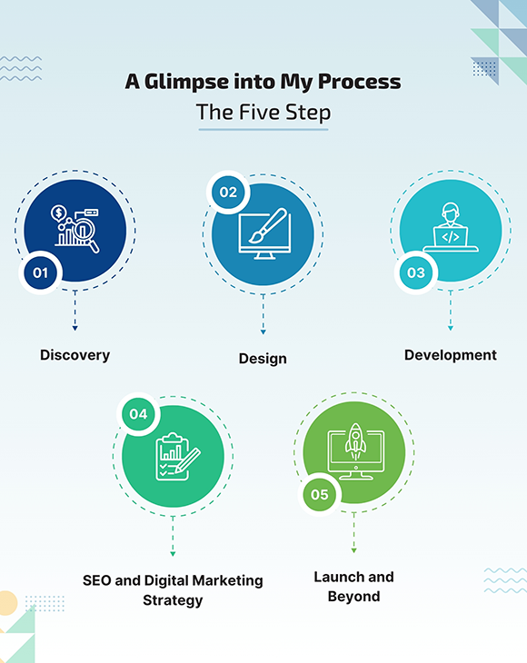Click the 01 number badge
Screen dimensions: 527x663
point(41,272)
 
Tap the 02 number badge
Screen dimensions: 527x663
point(228,193)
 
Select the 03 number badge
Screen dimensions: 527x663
point(416,272)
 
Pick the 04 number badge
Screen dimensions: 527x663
point(138,414)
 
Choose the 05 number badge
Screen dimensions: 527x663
point(319,495)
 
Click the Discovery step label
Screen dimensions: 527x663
point(75,355)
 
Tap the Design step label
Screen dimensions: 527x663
point(263,359)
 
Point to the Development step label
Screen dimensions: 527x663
point(451,355)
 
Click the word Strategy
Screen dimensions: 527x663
point(173,600)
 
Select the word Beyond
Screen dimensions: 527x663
point(353,597)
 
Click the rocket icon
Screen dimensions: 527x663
point(355,442)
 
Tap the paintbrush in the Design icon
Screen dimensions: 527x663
point(268,226)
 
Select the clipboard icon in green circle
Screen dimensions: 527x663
point(173,457)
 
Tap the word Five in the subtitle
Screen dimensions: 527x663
point(259,112)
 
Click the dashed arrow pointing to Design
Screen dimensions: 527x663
point(263,314)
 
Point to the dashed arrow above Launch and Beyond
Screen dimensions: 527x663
point(354,532)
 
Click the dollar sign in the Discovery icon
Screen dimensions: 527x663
point(59,213)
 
